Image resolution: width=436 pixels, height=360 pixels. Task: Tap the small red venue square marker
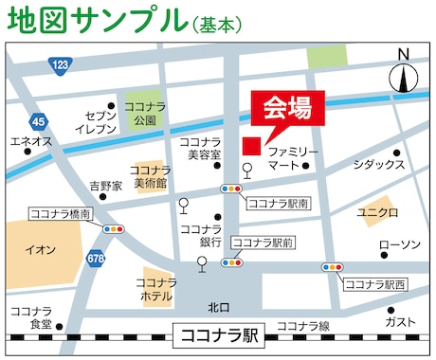(251, 146)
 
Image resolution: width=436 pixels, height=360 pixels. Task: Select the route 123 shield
(61, 64)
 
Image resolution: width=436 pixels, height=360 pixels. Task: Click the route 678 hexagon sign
(96, 258)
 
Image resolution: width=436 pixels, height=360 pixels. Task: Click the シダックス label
(378, 164)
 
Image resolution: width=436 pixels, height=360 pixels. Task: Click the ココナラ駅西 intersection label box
(373, 283)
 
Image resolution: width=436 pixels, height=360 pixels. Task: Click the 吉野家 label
(105, 186)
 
